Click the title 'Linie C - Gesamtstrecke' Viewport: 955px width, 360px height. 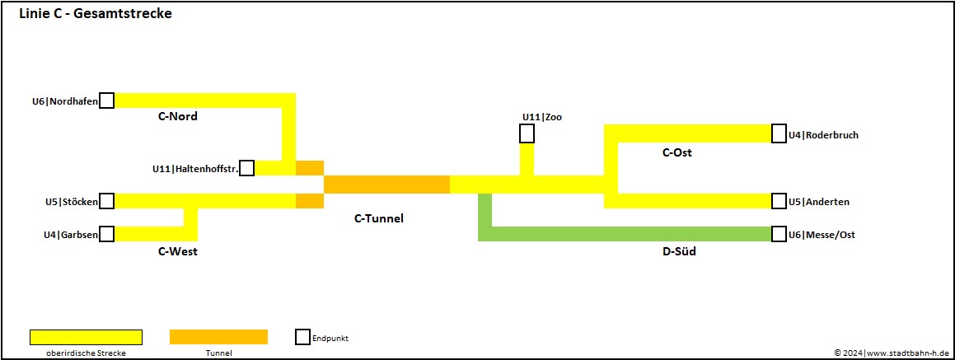(95, 14)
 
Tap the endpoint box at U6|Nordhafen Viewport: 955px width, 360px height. (106, 101)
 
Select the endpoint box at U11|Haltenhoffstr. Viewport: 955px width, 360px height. (246, 168)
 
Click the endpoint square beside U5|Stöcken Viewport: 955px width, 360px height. (106, 201)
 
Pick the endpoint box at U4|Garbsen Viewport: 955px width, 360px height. (106, 234)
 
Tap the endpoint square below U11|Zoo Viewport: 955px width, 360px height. (527, 133)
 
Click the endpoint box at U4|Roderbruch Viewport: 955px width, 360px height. (779, 134)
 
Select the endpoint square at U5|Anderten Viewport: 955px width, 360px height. (779, 201)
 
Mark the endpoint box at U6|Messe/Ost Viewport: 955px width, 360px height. (779, 234)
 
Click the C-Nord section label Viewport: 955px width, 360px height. (177, 116)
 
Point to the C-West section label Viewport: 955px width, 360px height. (177, 251)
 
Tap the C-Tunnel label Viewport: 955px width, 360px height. (378, 218)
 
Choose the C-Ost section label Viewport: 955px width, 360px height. (676, 152)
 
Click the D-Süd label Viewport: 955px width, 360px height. (679, 251)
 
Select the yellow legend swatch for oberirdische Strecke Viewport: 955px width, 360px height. (86, 337)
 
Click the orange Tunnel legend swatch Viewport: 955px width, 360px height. (218, 337)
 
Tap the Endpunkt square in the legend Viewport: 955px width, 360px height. (302, 337)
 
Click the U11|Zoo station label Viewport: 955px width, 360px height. (541, 117)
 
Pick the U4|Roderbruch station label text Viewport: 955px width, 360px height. (823, 135)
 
